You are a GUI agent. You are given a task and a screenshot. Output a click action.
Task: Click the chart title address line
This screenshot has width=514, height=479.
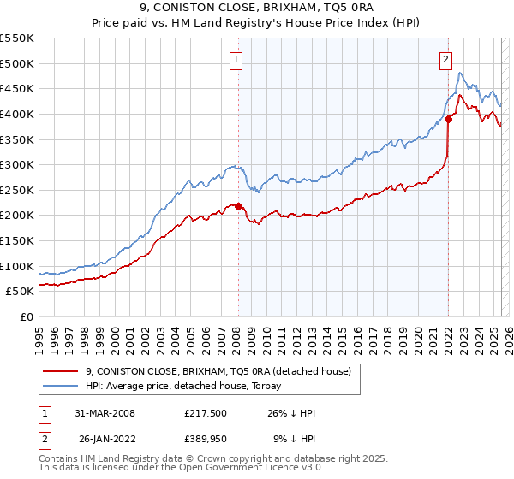coord(256,11)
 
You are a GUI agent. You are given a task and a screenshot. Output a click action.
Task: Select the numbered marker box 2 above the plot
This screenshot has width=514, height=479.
coord(446,60)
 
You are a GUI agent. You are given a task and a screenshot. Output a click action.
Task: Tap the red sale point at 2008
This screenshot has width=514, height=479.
coord(238,206)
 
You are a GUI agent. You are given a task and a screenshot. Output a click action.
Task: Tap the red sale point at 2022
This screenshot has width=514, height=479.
coord(448,119)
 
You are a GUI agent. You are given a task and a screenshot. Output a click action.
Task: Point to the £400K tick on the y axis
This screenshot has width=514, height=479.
coord(19,114)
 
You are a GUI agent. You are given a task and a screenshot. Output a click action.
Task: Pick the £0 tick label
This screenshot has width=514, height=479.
coord(27,316)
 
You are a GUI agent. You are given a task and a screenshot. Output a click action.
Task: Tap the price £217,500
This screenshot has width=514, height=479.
coord(206,413)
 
